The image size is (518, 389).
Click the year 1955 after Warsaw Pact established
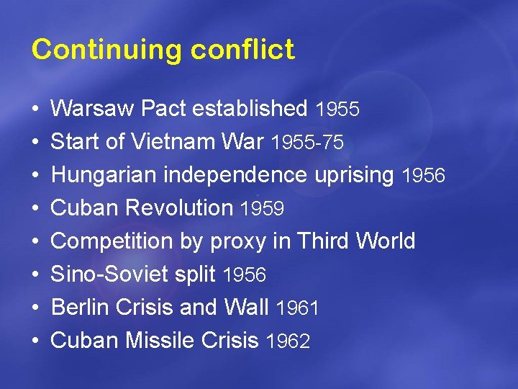pos(337,109)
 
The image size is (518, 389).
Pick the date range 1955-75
pos(307,143)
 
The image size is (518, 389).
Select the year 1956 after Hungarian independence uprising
pos(424,176)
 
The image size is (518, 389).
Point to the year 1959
pos(263,209)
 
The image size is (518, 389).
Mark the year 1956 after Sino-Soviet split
pos(245,275)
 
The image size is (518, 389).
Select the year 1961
pos(297,308)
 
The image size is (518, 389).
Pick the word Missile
pos(156,340)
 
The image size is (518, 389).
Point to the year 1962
pos(288,341)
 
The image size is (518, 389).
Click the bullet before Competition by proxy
pos(35,241)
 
